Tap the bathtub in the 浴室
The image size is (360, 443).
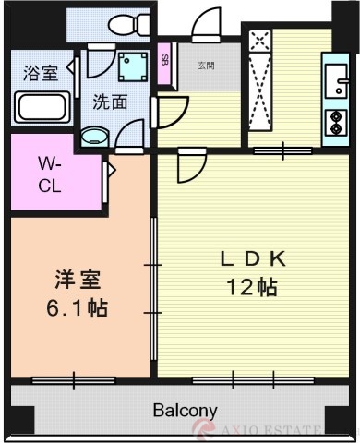pos(42,108)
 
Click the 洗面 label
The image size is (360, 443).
pos(109,103)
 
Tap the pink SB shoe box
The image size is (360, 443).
pos(164,63)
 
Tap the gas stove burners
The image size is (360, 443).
pos(333,122)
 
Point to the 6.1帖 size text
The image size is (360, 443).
pos(78,307)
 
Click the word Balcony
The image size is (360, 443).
pos(185,411)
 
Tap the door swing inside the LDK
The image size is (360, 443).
pos(192,166)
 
